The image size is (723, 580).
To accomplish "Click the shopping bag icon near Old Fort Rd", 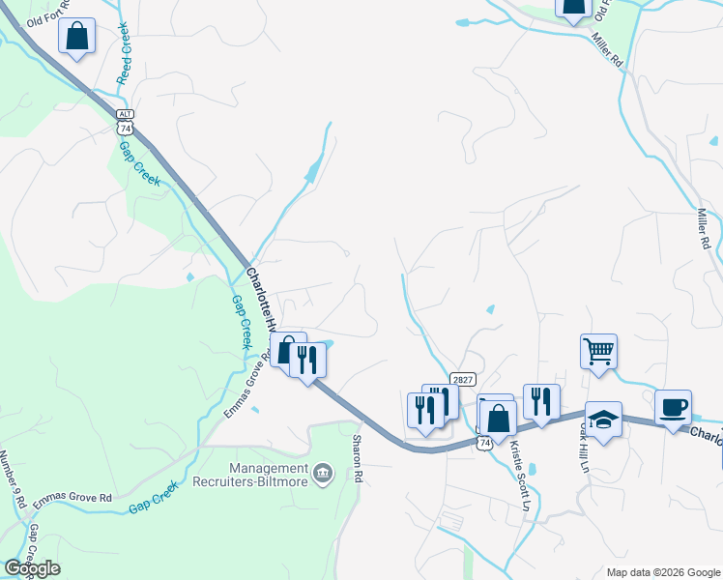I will [76, 38].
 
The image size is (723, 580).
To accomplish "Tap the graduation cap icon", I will [603, 420].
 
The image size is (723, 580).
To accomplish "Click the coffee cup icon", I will [673, 407].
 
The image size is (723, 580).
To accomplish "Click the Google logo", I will [31, 568].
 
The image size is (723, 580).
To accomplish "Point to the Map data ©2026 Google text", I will [662, 572].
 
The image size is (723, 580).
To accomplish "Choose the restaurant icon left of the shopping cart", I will [540, 399].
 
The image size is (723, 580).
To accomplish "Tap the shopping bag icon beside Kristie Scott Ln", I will [498, 419].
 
